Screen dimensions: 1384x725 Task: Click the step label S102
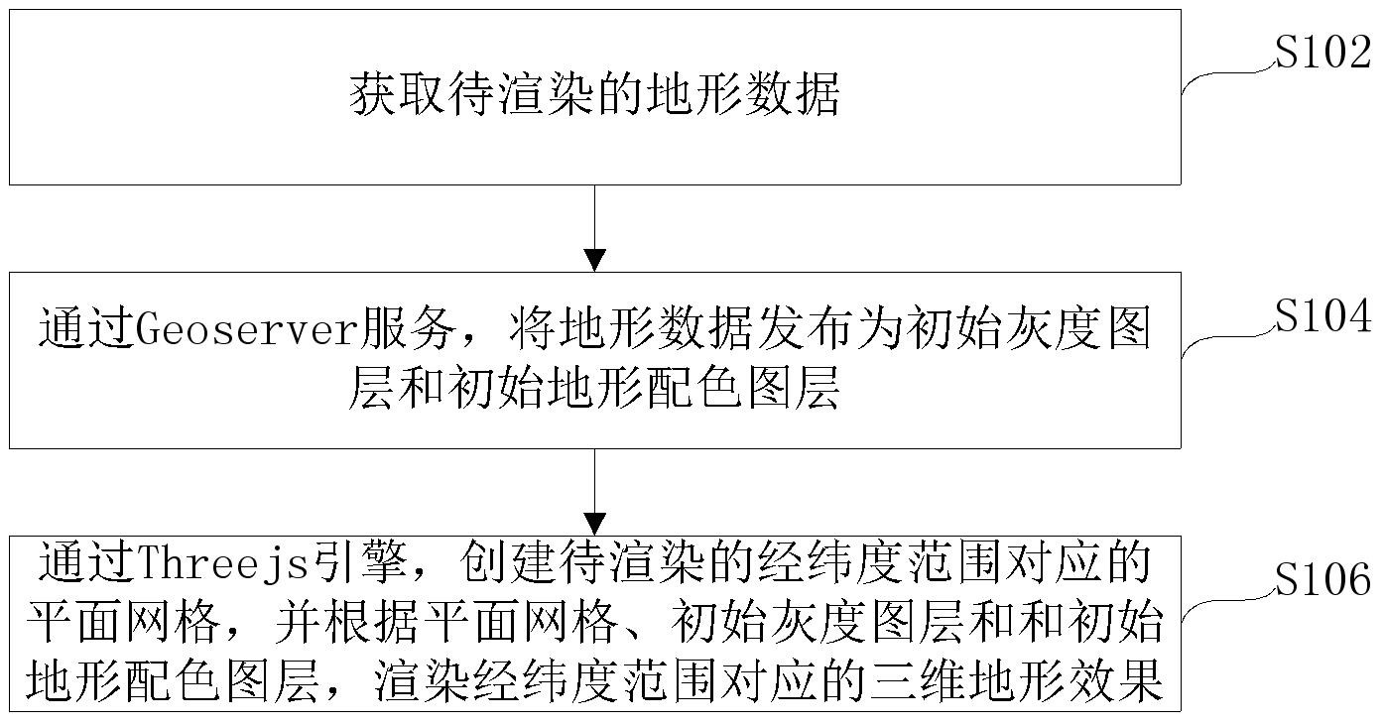click(1323, 53)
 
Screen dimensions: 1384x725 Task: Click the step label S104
click(1323, 316)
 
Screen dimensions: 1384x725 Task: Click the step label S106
click(1323, 580)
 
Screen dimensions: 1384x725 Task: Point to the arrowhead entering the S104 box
click(595, 260)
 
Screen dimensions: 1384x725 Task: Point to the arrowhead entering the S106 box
click(595, 525)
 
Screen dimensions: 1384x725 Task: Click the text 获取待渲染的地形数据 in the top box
click(594, 95)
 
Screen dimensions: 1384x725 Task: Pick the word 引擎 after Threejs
click(361, 562)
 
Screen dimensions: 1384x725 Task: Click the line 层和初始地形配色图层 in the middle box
click(594, 388)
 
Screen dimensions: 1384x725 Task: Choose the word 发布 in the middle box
click(806, 328)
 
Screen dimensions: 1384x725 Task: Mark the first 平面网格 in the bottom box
click(124, 621)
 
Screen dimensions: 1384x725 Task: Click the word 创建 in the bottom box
click(509, 562)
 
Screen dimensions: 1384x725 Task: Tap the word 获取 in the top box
click(398, 95)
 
